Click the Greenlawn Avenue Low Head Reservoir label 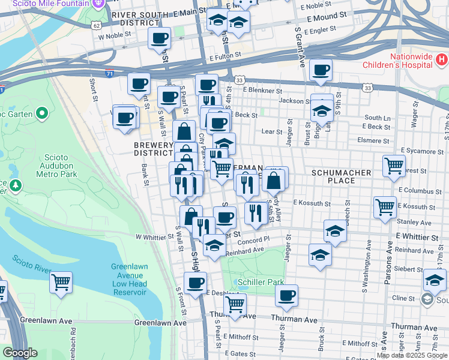(x=128, y=280)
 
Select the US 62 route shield (x=96, y=26)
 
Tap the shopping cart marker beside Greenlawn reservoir (x=61, y=281)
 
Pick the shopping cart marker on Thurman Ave (x=235, y=304)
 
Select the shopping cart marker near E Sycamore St (x=394, y=164)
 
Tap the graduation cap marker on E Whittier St (x=335, y=230)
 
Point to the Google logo (x=20, y=353)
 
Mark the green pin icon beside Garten (x=42, y=113)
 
